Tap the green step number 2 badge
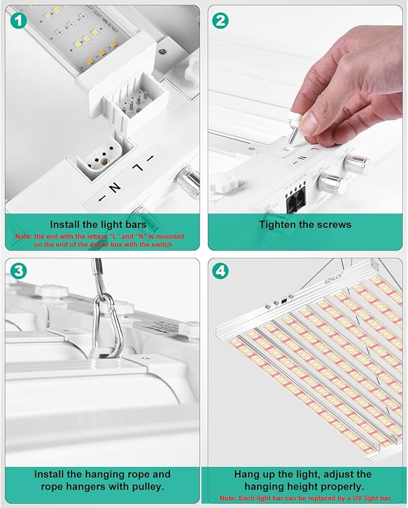221,20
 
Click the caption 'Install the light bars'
98,225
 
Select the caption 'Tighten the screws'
305,225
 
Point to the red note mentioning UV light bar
305,498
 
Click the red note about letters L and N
99,241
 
